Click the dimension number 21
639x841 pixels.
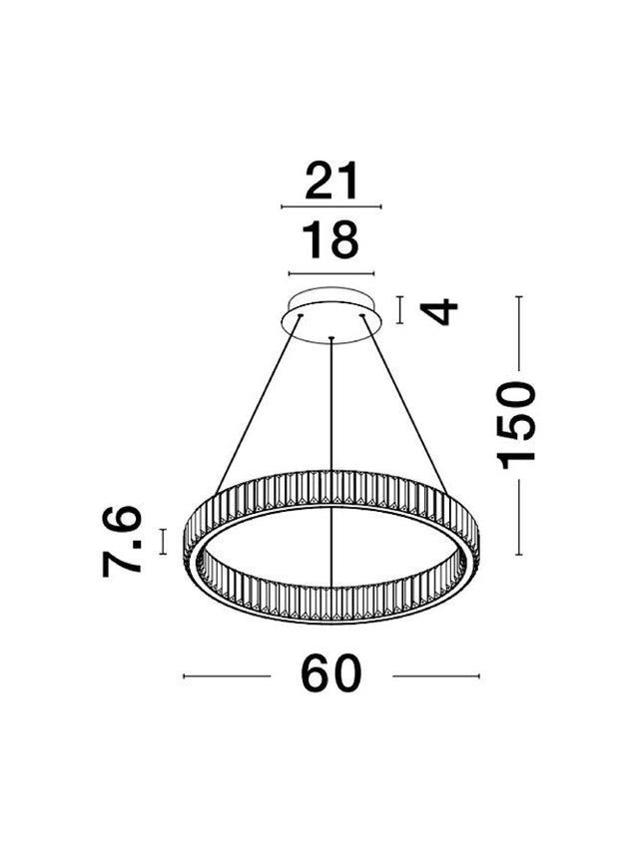[x=331, y=181]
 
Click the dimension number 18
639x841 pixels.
[x=330, y=239]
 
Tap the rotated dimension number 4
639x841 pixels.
[x=438, y=311]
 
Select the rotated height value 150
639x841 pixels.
[x=516, y=425]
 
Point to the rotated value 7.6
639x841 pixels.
[x=122, y=541]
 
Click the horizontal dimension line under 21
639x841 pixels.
[x=331, y=207]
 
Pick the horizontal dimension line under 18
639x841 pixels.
[x=331, y=273]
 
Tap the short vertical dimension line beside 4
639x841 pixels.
[x=399, y=310]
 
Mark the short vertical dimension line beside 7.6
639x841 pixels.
[x=163, y=541]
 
